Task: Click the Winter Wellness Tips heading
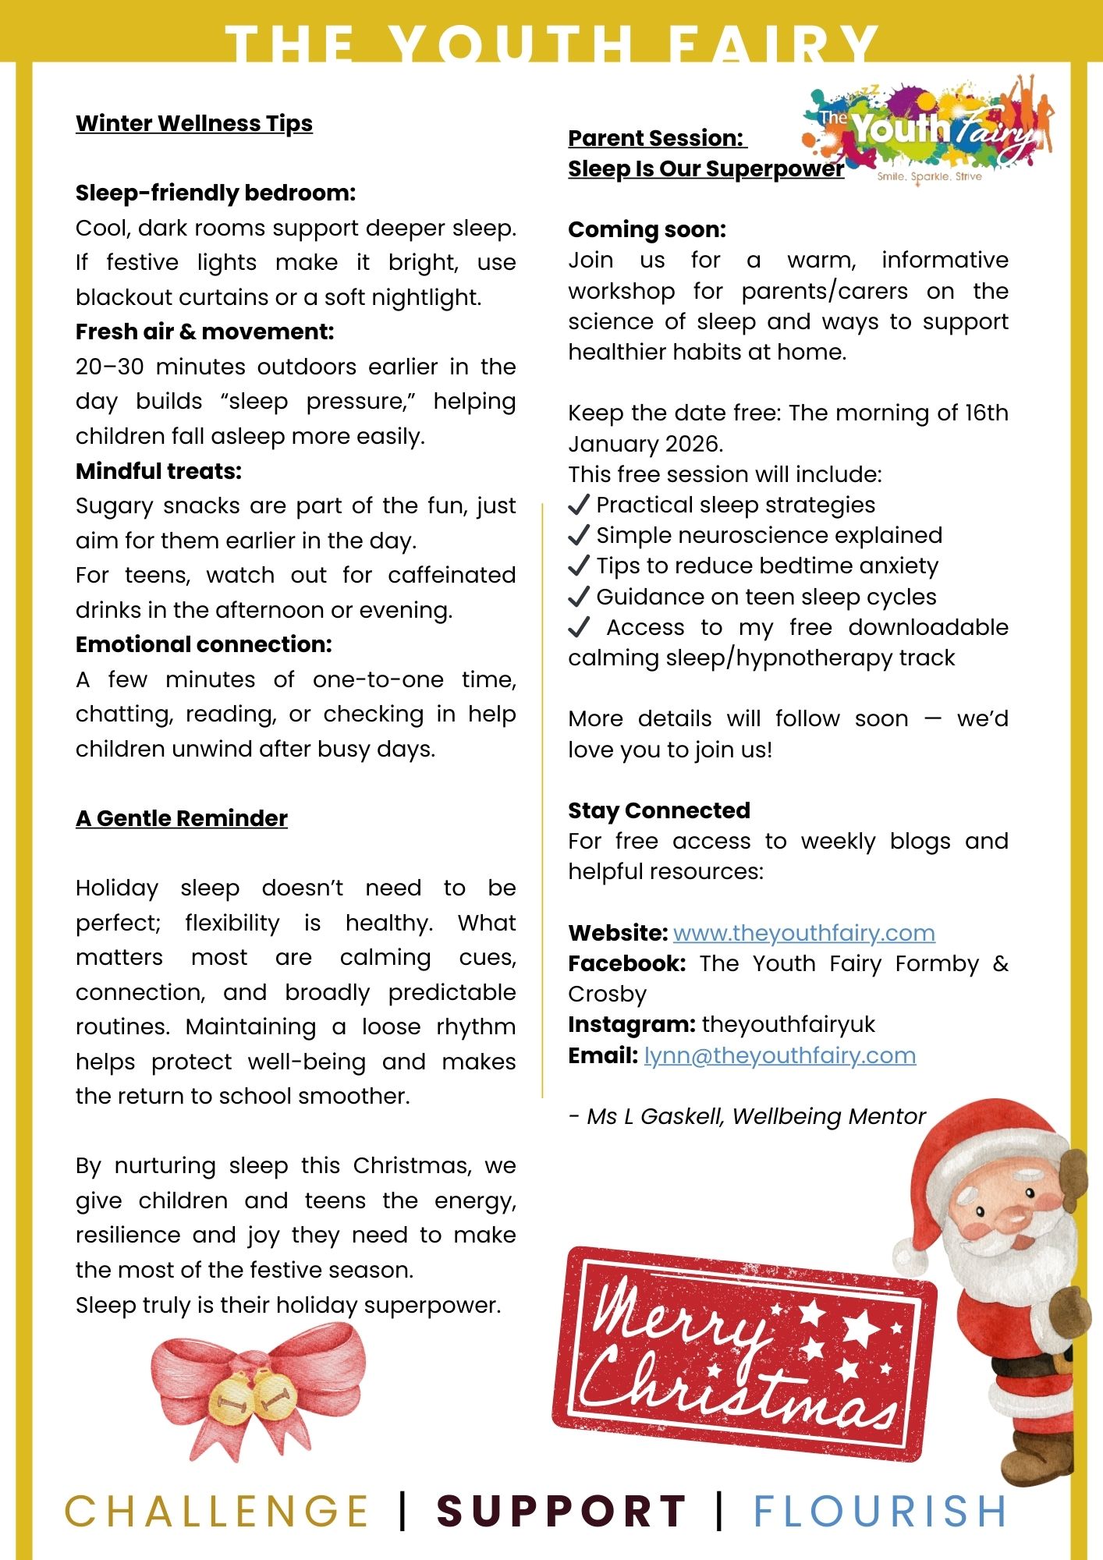click(193, 123)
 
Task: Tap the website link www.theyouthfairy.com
click(803, 933)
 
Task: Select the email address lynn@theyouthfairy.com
click(779, 1055)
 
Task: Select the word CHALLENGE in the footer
click(216, 1511)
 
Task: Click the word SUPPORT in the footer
click(561, 1511)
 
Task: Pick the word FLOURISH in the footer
click(880, 1511)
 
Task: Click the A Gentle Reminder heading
click(181, 818)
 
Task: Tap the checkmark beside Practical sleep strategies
click(579, 505)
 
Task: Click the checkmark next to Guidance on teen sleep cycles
click(579, 597)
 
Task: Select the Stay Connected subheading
click(658, 810)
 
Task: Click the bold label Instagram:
click(631, 1024)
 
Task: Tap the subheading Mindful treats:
click(158, 471)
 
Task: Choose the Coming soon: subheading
click(647, 229)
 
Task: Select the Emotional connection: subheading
click(204, 644)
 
